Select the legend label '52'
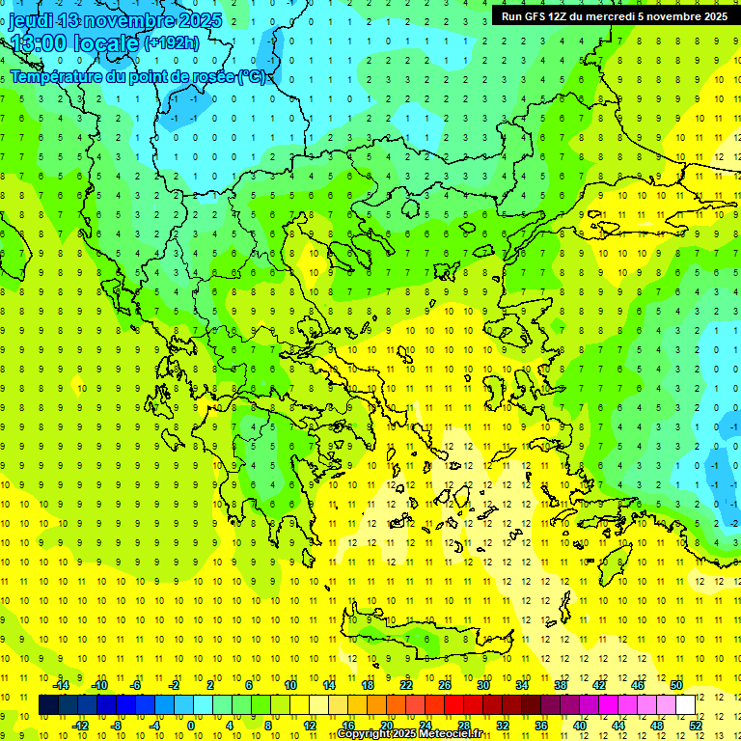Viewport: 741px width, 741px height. [696, 725]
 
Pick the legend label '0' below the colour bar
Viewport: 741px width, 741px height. [191, 725]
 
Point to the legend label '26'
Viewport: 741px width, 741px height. [445, 685]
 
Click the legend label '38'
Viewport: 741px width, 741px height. [561, 685]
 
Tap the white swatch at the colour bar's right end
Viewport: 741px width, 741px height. [685, 705]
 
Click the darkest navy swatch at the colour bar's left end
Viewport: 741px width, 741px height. [48, 705]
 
